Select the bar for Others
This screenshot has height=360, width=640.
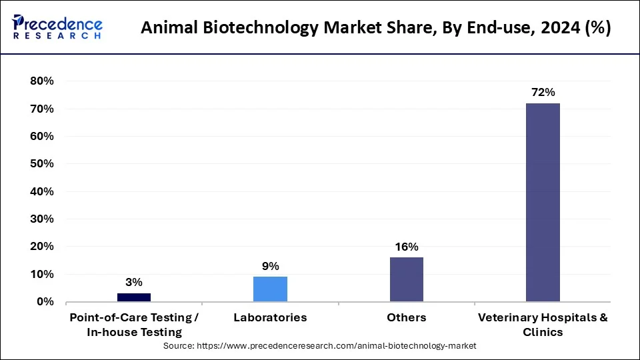pos(406,279)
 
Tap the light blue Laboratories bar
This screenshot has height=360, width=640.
pos(270,289)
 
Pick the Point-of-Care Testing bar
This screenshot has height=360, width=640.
pos(134,297)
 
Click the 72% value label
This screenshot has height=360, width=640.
pos(543,93)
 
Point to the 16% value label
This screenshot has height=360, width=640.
pos(406,247)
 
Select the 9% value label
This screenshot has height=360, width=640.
pos(270,266)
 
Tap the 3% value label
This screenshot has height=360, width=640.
pos(134,283)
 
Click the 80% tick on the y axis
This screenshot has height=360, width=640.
pos(41,81)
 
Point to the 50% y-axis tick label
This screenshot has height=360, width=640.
pos(41,164)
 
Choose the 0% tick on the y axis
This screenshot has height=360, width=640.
pos(45,302)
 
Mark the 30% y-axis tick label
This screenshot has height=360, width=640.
pos(41,219)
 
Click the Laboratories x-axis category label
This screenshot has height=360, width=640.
pos(270,318)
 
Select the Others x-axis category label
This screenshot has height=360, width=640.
pos(406,318)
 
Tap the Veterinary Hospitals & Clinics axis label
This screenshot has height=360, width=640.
pos(543,325)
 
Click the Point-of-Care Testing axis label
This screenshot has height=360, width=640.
pos(134,325)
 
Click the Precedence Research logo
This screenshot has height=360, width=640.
pos(57,27)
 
